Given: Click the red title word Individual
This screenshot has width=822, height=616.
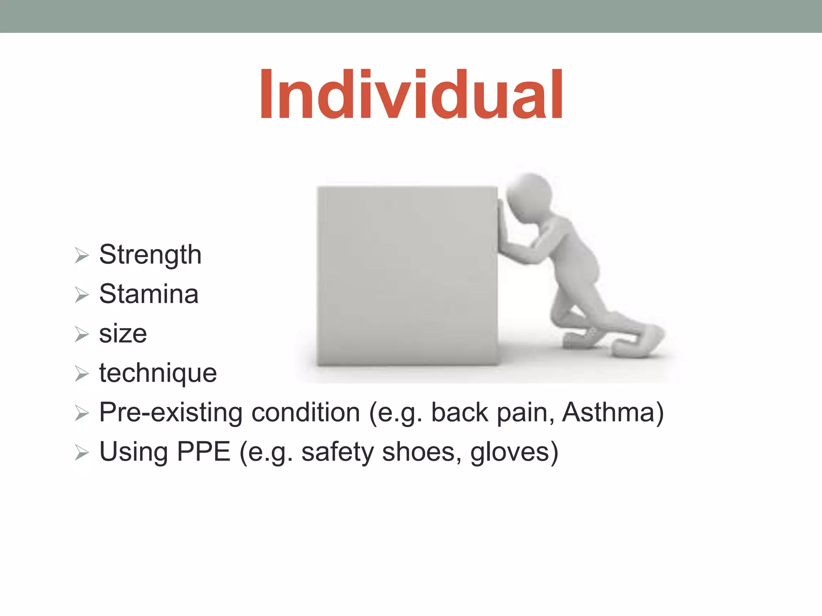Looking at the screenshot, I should click(x=411, y=95).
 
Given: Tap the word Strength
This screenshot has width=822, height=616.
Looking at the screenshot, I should click(x=150, y=255).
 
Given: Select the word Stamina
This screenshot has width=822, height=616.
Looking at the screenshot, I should click(x=149, y=294).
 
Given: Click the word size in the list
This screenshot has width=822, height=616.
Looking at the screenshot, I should click(x=123, y=334).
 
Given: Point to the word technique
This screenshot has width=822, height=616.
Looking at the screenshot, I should click(x=158, y=373).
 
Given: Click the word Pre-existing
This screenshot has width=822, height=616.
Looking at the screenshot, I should click(x=171, y=412).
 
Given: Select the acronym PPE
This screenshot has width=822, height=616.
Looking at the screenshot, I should click(x=203, y=452).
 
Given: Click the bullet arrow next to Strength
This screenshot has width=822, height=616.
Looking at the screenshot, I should click(x=81, y=255).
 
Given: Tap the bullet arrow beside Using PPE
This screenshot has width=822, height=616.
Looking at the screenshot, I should click(x=81, y=453).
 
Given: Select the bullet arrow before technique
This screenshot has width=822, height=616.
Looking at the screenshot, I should click(x=81, y=374).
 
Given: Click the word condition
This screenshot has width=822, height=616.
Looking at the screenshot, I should click(x=305, y=412).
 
